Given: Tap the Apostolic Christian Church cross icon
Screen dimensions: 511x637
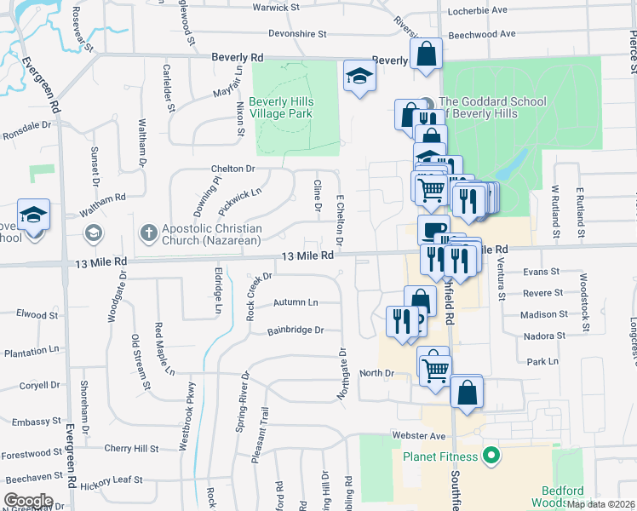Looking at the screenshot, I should (148, 233).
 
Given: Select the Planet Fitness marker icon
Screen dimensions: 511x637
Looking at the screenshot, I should (490, 457).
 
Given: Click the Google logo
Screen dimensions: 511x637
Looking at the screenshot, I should (29, 500).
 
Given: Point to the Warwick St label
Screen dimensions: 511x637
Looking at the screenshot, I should (277, 8).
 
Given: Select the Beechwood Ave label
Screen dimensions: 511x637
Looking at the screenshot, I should (482, 34).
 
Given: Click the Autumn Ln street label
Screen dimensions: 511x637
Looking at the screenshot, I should (296, 302).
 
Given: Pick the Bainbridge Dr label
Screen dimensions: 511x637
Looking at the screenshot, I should (296, 330).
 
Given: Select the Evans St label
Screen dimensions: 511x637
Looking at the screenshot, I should (542, 272).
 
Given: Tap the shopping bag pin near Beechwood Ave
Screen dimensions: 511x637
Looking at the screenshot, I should (426, 54).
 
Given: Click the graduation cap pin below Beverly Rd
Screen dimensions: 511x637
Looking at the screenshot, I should (359, 78).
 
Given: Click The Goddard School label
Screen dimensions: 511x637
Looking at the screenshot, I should (491, 107).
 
